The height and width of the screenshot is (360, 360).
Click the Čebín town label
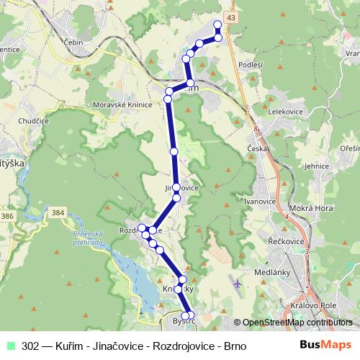[75, 42]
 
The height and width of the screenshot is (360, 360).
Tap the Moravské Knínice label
[122, 104]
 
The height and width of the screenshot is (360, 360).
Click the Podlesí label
[250, 65]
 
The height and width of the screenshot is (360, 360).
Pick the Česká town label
[258, 148]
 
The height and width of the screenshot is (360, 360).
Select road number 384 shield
[58, 212]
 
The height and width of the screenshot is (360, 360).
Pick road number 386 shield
[8, 215]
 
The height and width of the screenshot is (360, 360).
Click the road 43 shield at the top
[230, 17]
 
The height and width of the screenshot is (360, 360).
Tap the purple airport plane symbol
[238, 282]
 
